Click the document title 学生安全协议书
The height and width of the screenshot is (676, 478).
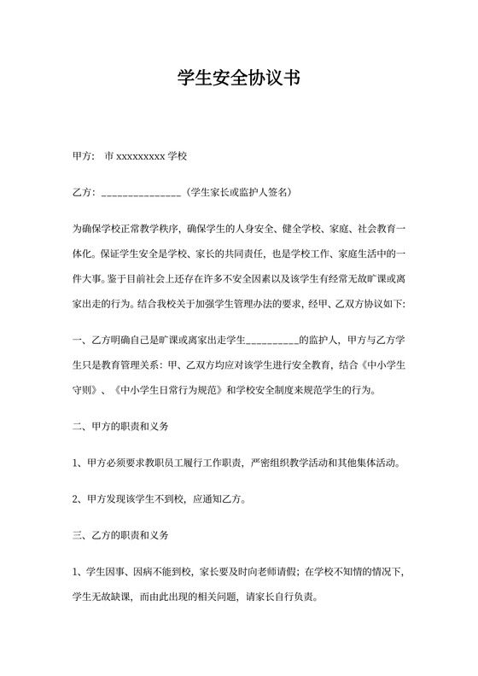(238, 79)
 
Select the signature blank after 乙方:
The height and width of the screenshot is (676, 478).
(141, 194)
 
